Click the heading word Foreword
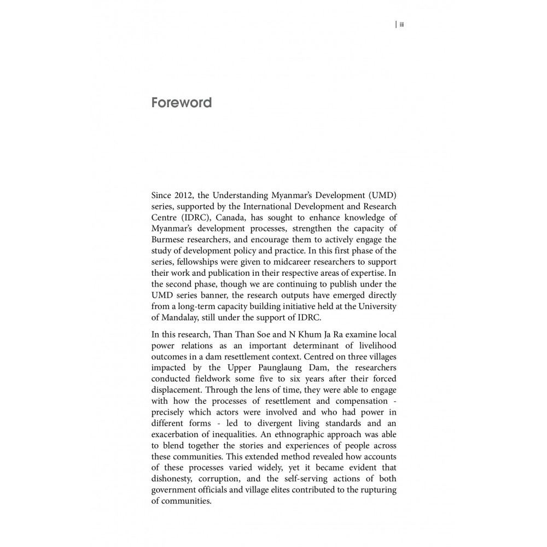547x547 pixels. click(181, 102)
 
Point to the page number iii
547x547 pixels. click(401, 24)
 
